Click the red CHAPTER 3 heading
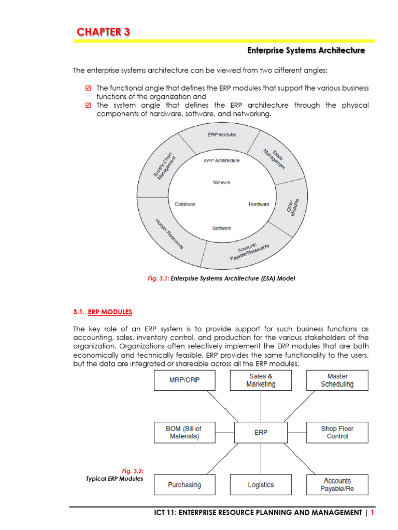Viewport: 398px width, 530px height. coord(104,32)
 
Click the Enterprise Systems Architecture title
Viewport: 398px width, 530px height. coord(306,50)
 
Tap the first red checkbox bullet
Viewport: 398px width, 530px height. coord(88,88)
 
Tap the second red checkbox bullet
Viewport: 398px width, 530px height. coord(88,105)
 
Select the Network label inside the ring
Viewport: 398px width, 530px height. coord(222,182)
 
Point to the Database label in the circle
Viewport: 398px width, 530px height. coord(185,204)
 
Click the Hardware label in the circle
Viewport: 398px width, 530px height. coord(259,204)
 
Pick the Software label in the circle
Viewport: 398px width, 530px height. coord(222,228)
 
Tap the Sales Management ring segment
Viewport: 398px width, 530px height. coord(274,158)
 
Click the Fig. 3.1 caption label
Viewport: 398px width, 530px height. coord(158,278)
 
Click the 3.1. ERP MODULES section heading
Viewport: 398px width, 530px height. coord(103,312)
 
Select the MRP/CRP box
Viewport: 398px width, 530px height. coord(184,380)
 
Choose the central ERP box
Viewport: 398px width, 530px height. coord(261,432)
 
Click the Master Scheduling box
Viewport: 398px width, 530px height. coord(337,380)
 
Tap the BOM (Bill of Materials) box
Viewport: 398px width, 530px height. coord(184,432)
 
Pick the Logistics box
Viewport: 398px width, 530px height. coord(261,484)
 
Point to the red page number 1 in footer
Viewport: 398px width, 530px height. coord(372,512)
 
